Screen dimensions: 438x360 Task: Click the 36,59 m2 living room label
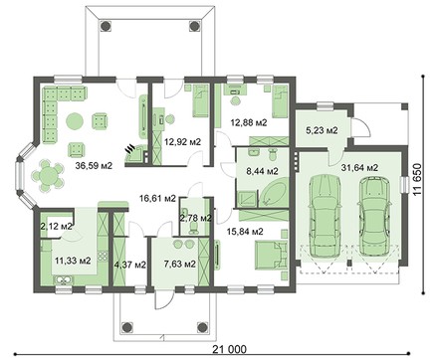point(94,166)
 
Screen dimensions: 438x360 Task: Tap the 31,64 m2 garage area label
point(359,168)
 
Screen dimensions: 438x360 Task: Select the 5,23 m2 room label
point(322,130)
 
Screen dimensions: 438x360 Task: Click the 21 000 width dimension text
point(230,349)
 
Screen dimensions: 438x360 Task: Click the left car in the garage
point(326,216)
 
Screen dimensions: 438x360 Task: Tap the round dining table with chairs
point(48,175)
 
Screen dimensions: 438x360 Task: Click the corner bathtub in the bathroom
point(274,192)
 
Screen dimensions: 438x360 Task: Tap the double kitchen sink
point(64,280)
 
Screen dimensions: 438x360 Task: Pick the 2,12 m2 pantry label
point(56,227)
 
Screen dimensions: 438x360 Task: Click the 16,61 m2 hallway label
point(157,199)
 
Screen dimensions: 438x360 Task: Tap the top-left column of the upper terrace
point(106,26)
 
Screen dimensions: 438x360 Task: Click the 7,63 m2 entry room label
point(180,265)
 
